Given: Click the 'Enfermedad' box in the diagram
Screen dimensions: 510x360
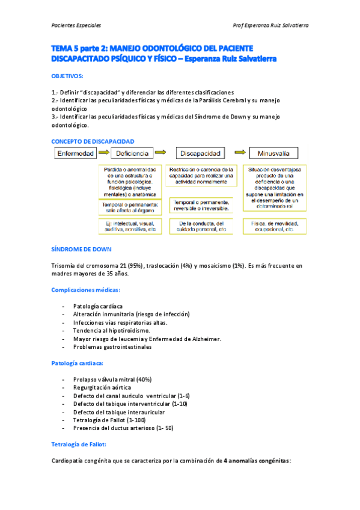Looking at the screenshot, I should [x=75, y=153].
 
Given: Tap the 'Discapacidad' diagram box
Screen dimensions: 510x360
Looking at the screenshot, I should [x=201, y=153].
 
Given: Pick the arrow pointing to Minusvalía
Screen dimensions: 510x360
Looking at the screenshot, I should [x=239, y=153].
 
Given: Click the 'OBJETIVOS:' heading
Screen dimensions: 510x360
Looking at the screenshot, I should [x=67, y=76].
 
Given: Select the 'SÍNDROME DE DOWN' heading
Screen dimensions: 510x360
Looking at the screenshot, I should [x=81, y=249].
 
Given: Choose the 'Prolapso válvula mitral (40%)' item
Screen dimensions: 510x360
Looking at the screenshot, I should [x=112, y=379].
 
